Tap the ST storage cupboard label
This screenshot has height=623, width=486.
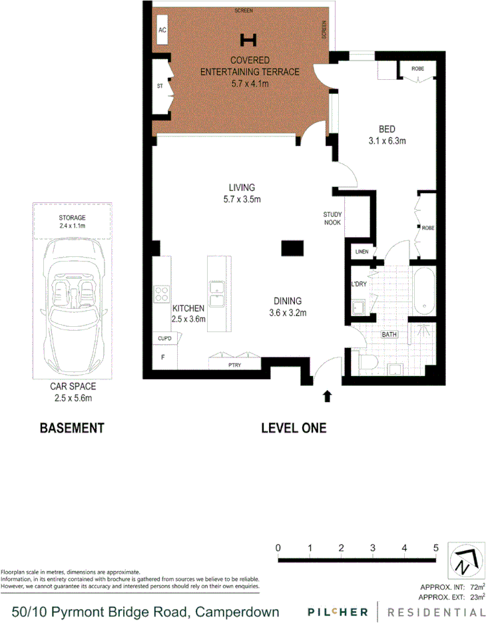click(x=160, y=87)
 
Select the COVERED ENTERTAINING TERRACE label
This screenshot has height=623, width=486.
click(x=250, y=72)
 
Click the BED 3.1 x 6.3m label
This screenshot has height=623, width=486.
click(x=387, y=134)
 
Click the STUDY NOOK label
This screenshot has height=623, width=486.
click(x=332, y=218)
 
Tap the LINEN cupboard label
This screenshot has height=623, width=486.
click(x=362, y=252)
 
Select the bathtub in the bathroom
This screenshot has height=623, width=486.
click(x=423, y=291)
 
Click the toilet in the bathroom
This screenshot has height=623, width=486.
click(x=367, y=362)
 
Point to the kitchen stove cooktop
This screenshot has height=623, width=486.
click(x=161, y=294)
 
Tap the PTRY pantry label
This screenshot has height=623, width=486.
click(x=234, y=365)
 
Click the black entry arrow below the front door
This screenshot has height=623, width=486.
click(x=327, y=397)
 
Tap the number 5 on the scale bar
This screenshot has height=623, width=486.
click(x=436, y=547)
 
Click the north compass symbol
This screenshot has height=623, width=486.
click(x=463, y=560)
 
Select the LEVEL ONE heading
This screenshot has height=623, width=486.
click(x=294, y=428)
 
